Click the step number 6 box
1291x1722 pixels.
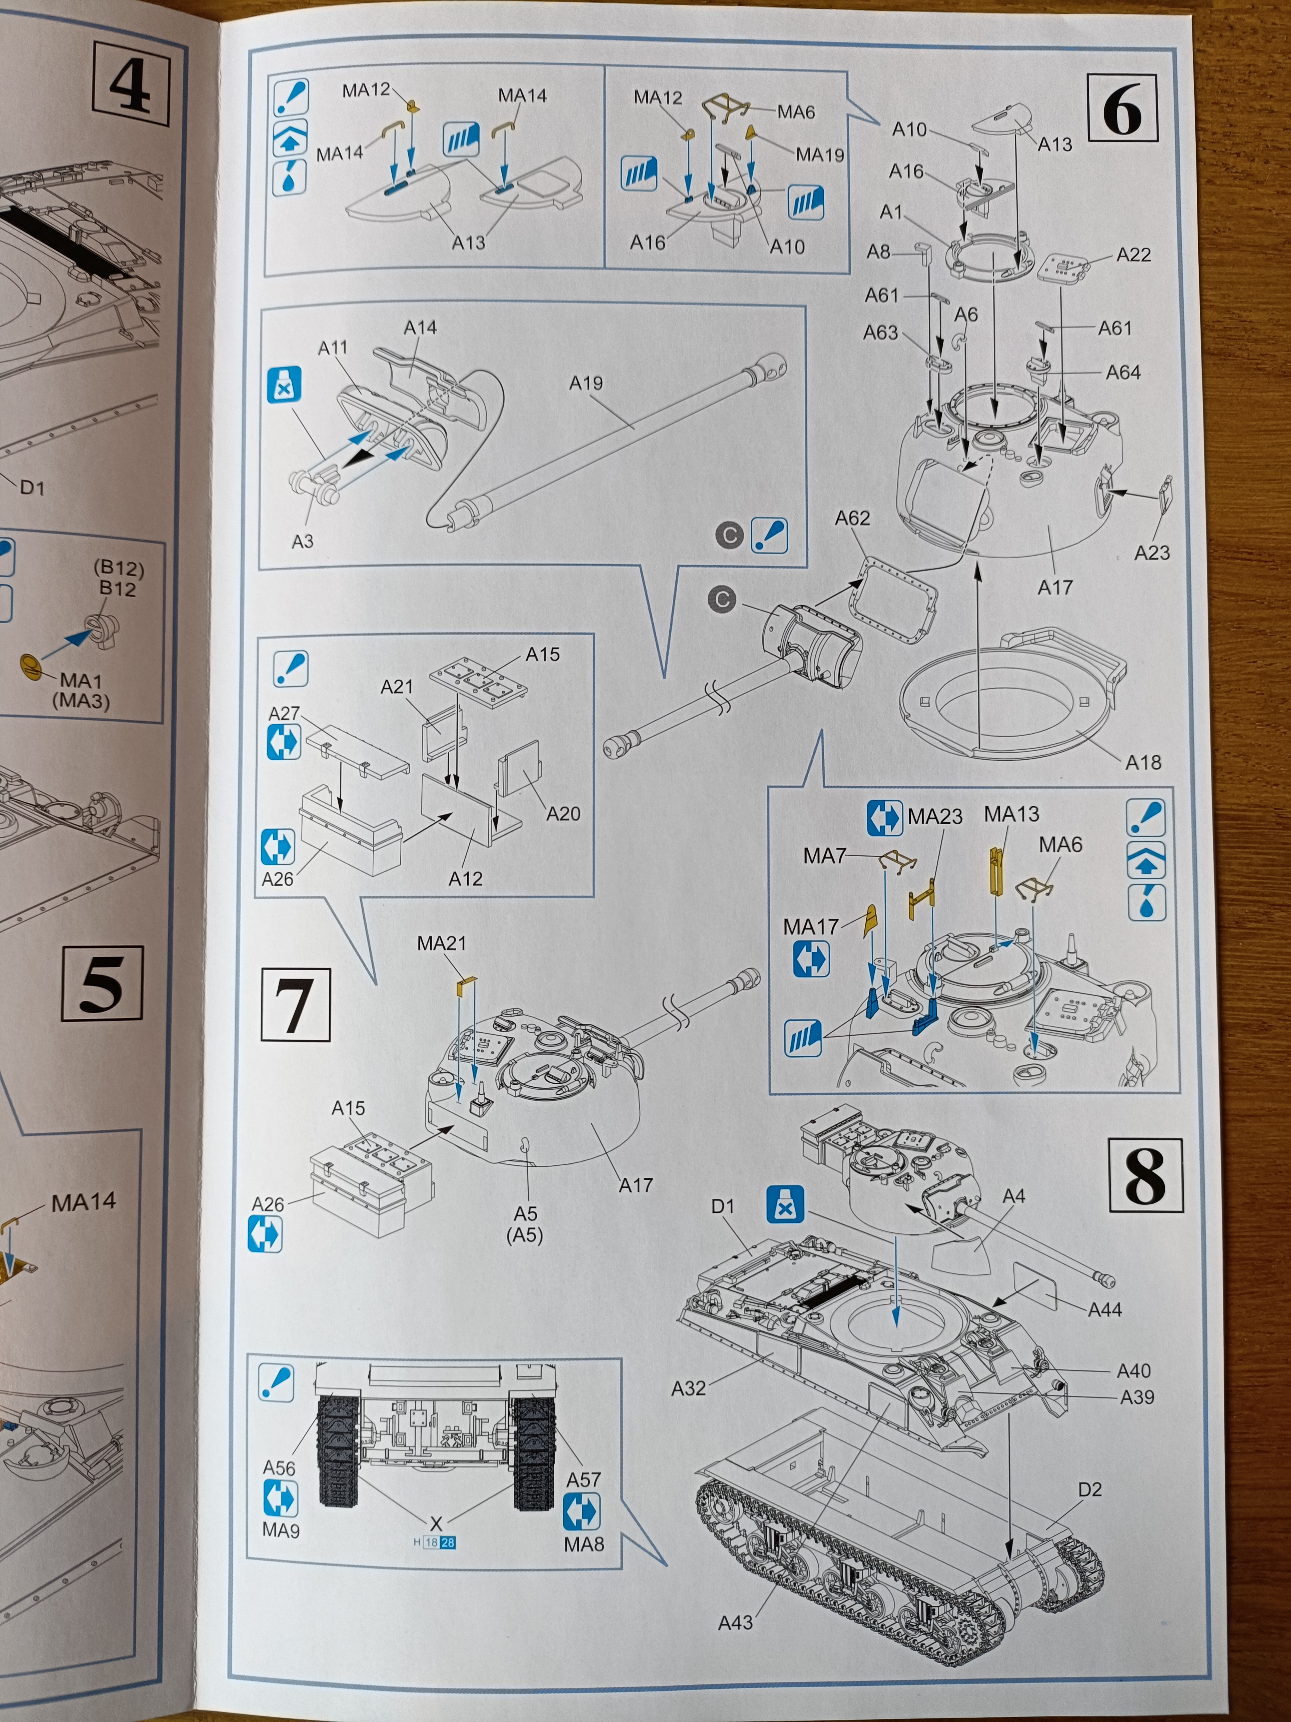click(x=1121, y=108)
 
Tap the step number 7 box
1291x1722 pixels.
click(x=296, y=1005)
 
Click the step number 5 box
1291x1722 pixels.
click(x=102, y=983)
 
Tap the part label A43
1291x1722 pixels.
click(x=735, y=1622)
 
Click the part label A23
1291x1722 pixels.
click(x=1152, y=553)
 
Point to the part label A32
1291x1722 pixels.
click(x=689, y=1388)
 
